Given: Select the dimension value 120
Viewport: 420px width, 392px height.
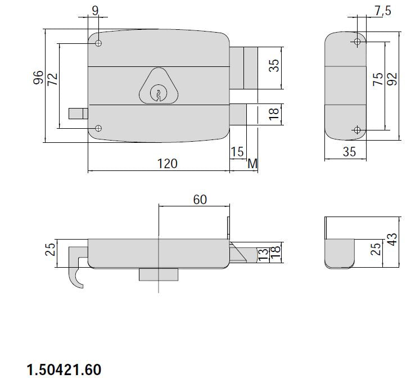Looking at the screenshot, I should (167, 163).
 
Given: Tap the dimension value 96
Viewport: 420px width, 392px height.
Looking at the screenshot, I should (38, 78).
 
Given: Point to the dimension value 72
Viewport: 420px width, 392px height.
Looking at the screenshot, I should (52, 78).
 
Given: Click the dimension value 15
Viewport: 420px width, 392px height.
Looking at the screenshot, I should (237, 152).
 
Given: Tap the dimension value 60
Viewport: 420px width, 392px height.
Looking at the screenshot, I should (200, 200).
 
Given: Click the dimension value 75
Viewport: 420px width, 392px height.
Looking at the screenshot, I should (378, 79).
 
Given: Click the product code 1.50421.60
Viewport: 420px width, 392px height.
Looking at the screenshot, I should (64, 370).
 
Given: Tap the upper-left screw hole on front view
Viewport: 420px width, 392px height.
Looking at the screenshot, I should (98, 43).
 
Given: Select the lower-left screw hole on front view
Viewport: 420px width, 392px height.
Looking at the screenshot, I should (98, 128).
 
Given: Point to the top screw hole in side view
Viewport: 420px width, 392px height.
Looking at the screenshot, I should (357, 42).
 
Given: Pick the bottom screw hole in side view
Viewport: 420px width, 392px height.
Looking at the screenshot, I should (357, 130).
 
